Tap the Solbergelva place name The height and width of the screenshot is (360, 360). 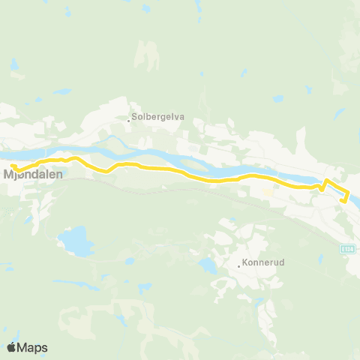pos(159,117)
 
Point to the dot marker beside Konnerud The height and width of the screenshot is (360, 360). pos(238,265)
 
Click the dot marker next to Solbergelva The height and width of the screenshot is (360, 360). pos(130,118)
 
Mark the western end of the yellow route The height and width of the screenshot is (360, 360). pos(11,165)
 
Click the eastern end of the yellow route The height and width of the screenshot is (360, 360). pos(343,200)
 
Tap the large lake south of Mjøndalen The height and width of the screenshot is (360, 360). pos(76,241)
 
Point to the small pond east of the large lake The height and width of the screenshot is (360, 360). pos(129,262)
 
